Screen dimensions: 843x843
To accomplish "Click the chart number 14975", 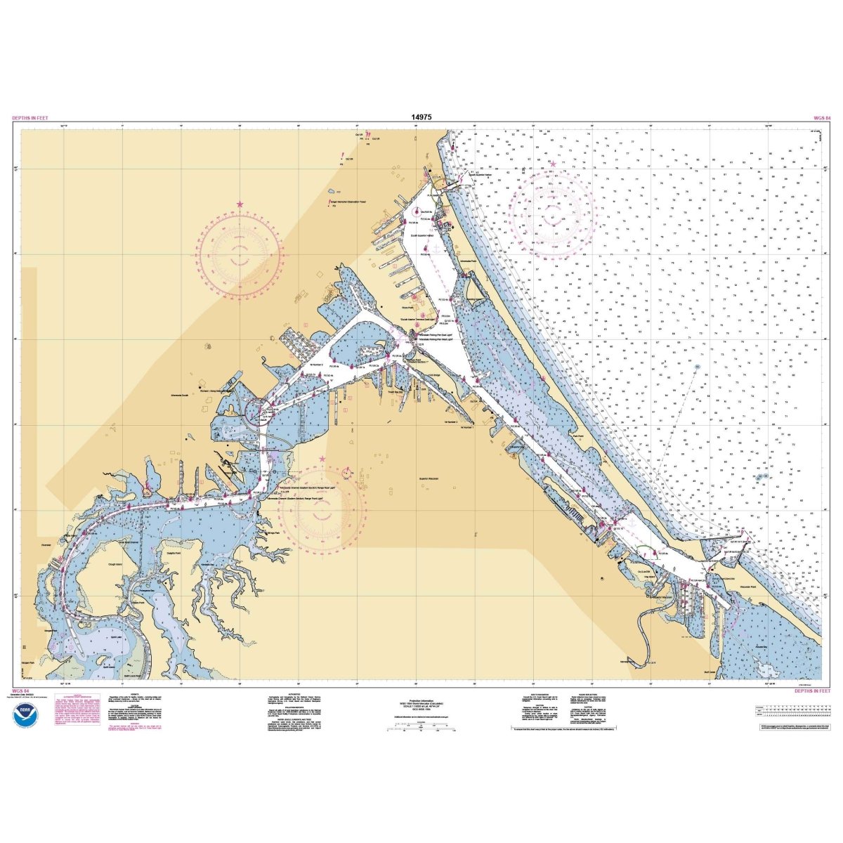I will pyautogui.click(x=421, y=117).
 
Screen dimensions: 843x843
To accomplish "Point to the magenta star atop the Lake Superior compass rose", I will pyautogui.click(x=553, y=164).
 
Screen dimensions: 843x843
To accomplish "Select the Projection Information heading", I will pyautogui.click(x=421, y=700).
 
